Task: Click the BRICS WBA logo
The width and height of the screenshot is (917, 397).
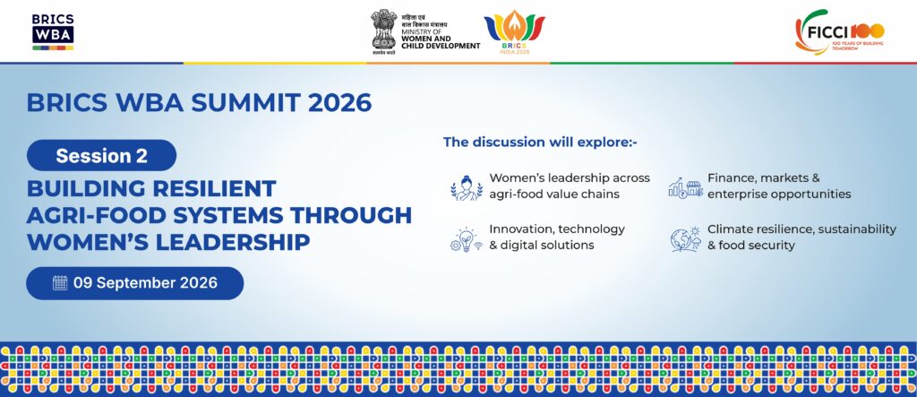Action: click(x=53, y=31)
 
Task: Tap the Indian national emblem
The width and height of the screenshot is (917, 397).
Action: click(x=383, y=31)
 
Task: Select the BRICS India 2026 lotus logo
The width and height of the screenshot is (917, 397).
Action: click(x=514, y=32)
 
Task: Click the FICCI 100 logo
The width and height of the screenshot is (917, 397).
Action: click(x=840, y=31)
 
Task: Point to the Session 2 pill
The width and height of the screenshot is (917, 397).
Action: click(x=101, y=155)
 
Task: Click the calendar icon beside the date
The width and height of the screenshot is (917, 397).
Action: click(x=60, y=283)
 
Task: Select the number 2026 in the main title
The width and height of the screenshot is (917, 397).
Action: click(x=339, y=103)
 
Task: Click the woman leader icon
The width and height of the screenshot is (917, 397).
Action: click(x=467, y=188)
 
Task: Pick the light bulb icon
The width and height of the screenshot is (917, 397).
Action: click(x=466, y=239)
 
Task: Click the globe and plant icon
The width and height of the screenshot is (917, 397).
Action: click(x=685, y=239)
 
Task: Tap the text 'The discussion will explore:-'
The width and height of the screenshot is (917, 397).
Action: click(x=540, y=142)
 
